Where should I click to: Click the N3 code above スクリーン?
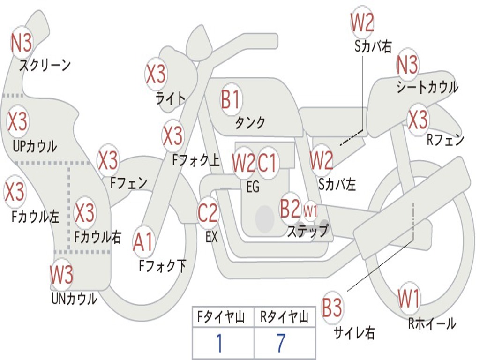(x=22, y=44)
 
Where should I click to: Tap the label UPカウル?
(x=35, y=146)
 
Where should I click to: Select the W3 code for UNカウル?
(x=61, y=275)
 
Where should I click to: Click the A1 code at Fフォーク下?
(x=143, y=243)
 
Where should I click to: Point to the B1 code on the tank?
(x=230, y=100)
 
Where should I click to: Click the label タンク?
(x=250, y=123)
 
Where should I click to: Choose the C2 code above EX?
(x=208, y=213)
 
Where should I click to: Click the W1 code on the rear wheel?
(x=409, y=298)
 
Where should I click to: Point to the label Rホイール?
(x=432, y=323)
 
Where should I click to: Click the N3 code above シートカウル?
(x=407, y=65)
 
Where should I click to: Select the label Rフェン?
(x=445, y=140)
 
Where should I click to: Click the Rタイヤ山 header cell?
(x=284, y=317)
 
